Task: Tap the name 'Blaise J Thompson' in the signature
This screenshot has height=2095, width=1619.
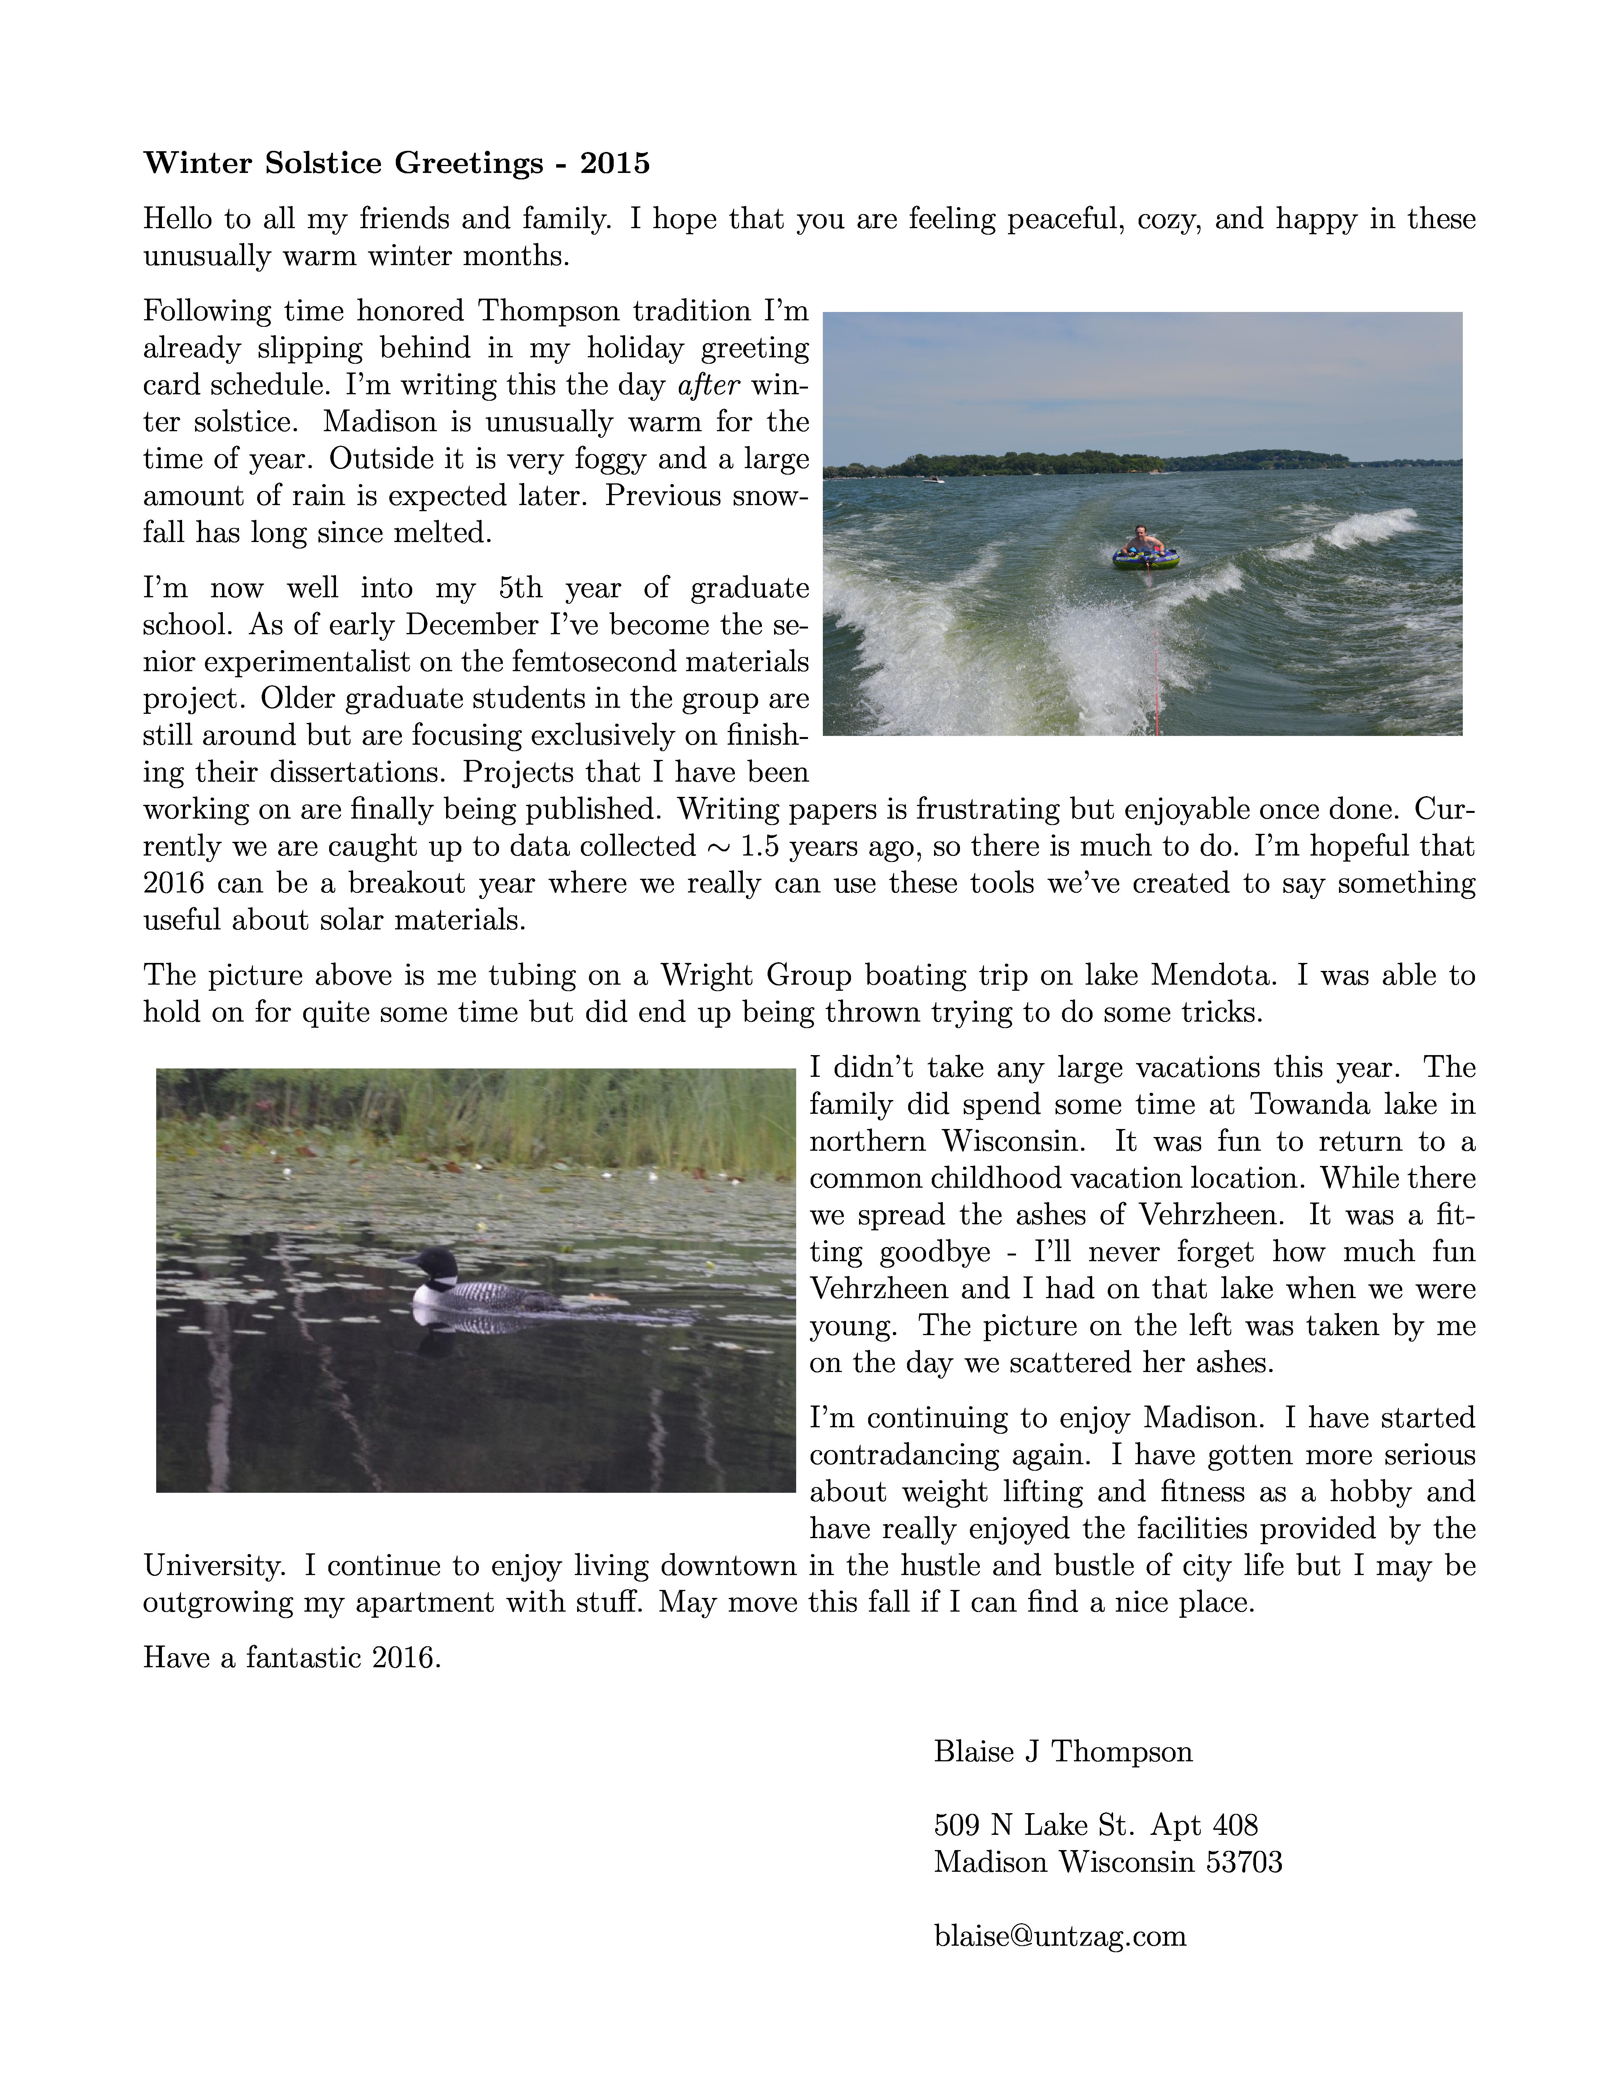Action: (x=1063, y=1751)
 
